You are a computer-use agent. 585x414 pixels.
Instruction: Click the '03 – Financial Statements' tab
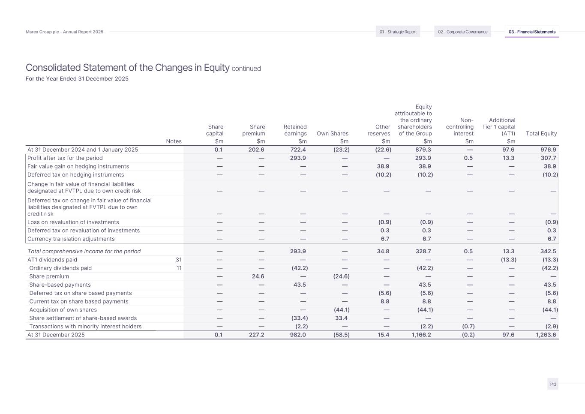(532, 32)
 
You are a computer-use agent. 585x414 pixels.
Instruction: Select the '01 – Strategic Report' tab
(398, 32)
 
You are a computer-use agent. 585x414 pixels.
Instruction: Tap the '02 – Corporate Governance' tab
(462, 32)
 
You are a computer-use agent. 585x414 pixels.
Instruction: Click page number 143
(553, 384)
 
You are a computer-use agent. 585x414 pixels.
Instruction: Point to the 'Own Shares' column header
(333, 134)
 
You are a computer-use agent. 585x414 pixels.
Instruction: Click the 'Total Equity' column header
(541, 134)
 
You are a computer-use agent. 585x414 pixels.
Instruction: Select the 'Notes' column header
(174, 141)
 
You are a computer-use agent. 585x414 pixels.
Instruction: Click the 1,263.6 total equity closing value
(546, 335)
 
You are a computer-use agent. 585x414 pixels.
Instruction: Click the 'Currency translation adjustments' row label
(71, 239)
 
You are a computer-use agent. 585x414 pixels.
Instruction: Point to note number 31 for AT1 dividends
(179, 260)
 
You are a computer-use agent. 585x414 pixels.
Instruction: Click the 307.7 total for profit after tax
(548, 158)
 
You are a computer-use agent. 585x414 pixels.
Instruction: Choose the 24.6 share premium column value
(258, 276)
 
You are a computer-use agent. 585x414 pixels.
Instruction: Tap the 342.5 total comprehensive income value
(548, 252)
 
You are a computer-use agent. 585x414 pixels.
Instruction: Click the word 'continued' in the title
(246, 69)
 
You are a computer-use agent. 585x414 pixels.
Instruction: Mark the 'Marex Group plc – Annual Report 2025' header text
(64, 32)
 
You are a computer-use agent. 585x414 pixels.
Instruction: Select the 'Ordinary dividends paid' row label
(60, 268)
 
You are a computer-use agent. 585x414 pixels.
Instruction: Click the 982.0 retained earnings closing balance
(298, 335)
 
